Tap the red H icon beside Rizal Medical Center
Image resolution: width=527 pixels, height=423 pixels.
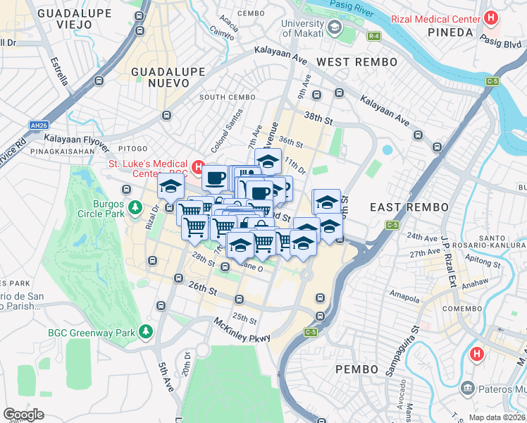(492, 18)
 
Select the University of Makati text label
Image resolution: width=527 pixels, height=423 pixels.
(302, 28)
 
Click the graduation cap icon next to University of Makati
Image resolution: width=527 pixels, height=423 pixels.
(333, 28)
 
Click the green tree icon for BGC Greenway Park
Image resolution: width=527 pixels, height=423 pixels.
(146, 331)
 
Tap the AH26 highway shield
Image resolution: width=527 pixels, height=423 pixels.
(38, 125)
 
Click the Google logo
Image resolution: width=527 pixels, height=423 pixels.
(24, 414)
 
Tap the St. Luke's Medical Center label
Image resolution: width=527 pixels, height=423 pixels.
(148, 168)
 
